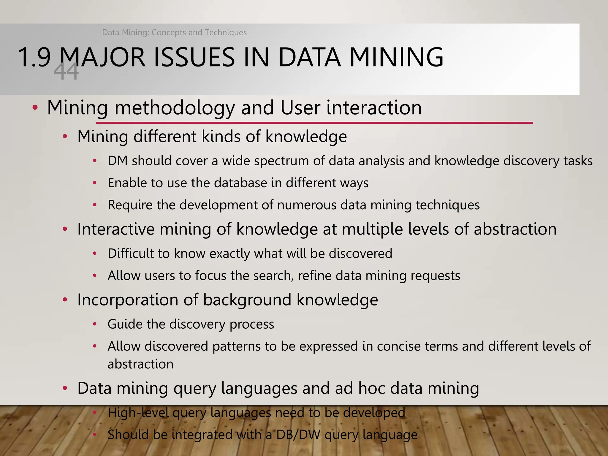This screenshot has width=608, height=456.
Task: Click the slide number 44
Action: click(x=66, y=72)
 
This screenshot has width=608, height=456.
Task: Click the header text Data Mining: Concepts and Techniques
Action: click(x=174, y=32)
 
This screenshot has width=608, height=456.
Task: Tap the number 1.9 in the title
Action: click(x=34, y=57)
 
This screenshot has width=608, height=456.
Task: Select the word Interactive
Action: click(x=115, y=229)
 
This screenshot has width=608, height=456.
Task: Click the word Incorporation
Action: click(x=127, y=300)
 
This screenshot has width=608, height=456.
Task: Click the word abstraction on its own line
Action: click(x=140, y=364)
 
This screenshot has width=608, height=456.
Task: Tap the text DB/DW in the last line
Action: click(x=298, y=435)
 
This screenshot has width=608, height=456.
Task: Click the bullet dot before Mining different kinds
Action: click(x=65, y=137)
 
